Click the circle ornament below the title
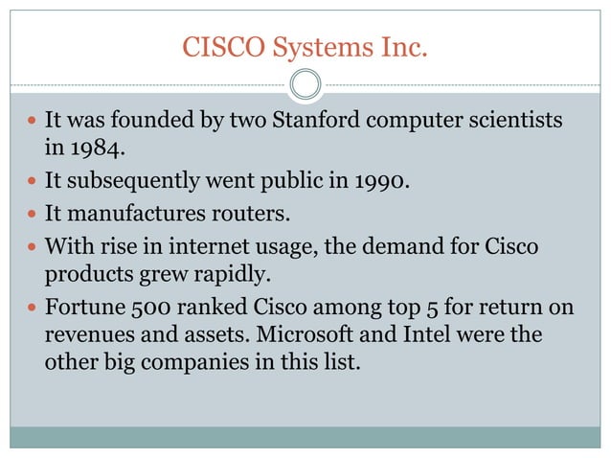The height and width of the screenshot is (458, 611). [305, 84]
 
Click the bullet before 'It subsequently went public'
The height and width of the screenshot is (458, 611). [33, 179]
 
